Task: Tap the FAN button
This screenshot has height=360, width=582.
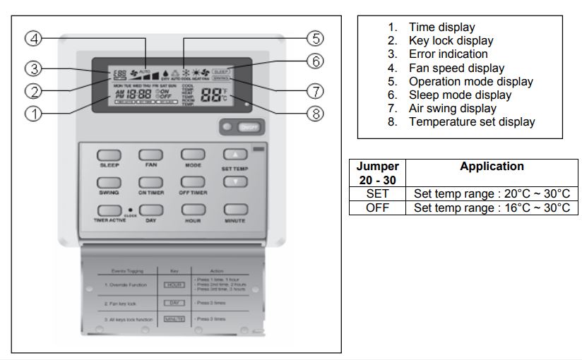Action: pos(151,154)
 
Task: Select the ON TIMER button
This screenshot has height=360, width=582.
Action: pos(151,182)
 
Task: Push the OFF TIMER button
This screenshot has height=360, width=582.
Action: pos(192,182)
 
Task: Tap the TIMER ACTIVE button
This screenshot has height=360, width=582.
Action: pos(108,210)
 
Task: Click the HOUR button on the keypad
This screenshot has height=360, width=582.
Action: pos(192,210)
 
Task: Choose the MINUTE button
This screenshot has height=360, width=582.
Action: pos(234,210)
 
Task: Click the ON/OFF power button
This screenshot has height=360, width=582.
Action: pos(247,127)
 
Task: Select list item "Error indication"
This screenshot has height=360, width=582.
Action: pos(448,54)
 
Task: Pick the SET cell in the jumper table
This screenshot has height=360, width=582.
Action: pos(377,193)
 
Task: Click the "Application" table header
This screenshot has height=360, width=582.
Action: pos(492,167)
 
